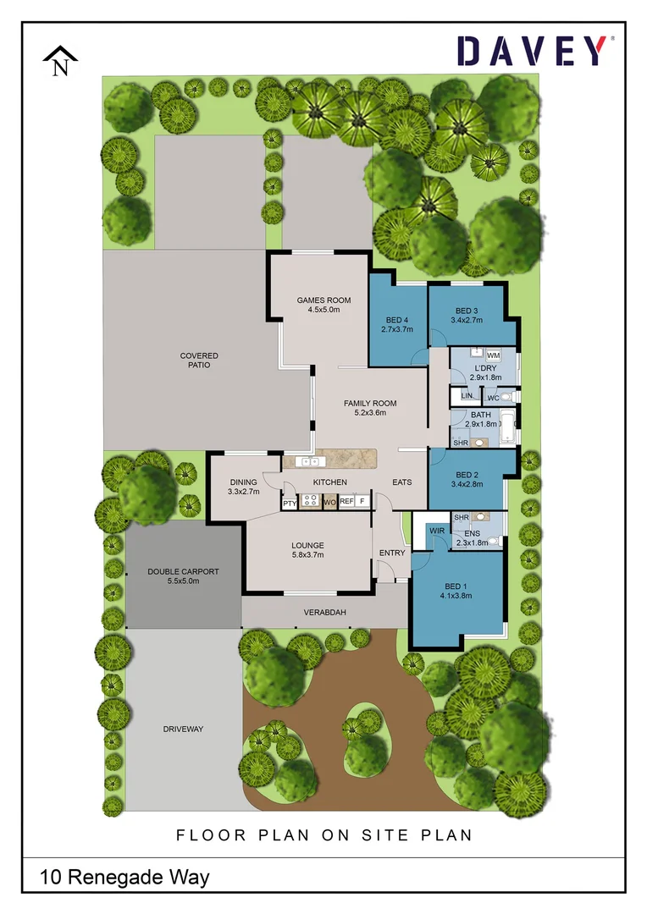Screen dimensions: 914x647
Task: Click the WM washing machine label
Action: pos(493,355)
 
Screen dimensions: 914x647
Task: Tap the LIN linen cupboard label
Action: pos(466,396)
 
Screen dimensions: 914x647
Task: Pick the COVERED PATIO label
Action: pos(199,361)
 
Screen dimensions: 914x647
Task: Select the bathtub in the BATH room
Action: pos(506,427)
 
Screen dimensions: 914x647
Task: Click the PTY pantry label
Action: pos(290,503)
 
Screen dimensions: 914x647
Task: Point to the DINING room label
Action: pos(243,487)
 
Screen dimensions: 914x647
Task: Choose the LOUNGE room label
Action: pos(307,550)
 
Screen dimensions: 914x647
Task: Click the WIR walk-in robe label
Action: pos(437,531)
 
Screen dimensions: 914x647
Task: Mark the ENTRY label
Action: pos(392,553)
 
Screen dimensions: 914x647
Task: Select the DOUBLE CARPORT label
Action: pos(183,576)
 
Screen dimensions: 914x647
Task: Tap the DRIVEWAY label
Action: pos(183,729)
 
